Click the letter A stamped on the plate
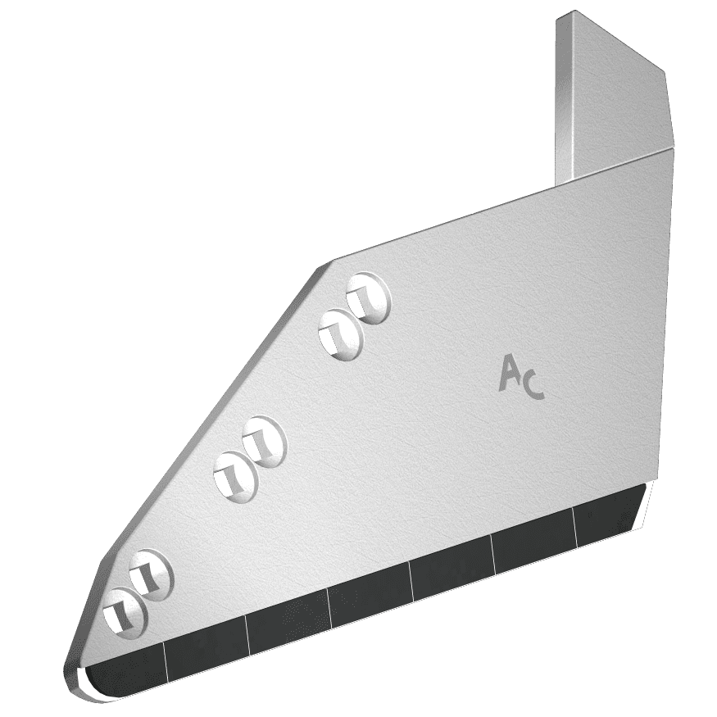coord(509,374)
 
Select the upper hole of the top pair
coord(369,298)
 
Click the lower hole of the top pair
coord(341,334)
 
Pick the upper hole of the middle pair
coord(265,442)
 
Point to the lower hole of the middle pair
coord(236,478)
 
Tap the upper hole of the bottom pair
coord(151,575)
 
